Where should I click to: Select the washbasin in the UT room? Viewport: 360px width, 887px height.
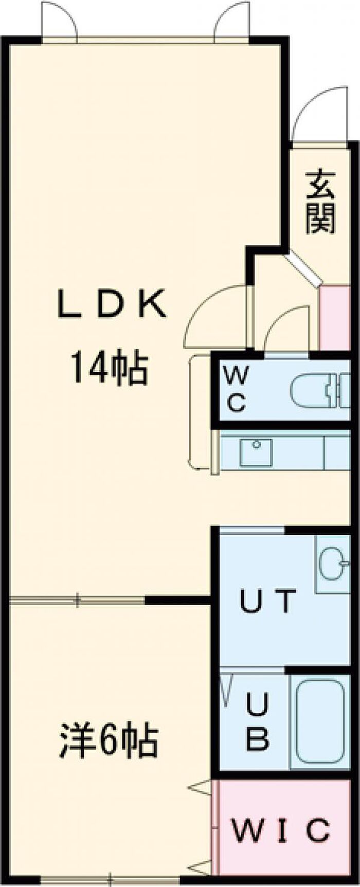point(332,564)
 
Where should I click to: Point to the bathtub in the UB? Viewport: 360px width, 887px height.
point(320,724)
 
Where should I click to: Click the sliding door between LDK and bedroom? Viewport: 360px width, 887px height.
point(77,600)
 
